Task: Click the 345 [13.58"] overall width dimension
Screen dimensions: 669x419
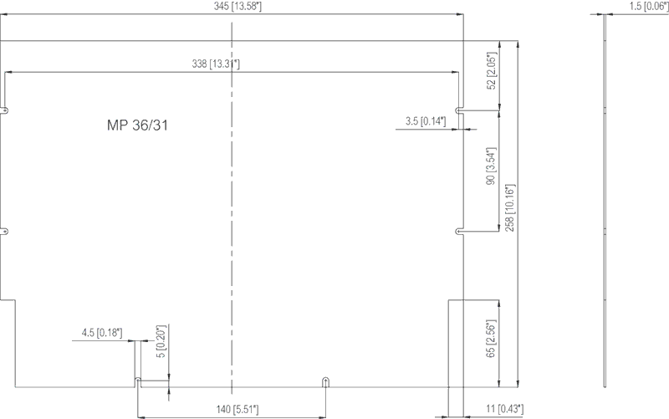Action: click(x=237, y=7)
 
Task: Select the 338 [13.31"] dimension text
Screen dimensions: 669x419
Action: click(x=216, y=64)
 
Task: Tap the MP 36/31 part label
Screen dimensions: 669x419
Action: click(x=137, y=125)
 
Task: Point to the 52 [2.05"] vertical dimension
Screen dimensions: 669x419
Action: click(x=492, y=71)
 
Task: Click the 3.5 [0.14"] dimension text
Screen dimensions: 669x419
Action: click(x=426, y=121)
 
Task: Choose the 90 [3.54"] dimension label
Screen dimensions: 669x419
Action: click(x=491, y=166)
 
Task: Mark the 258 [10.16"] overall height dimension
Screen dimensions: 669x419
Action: click(x=510, y=207)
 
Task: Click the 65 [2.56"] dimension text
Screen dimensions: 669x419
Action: click(x=491, y=339)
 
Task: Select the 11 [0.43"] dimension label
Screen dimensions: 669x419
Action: click(x=505, y=409)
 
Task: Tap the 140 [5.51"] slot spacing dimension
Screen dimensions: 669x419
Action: click(x=237, y=410)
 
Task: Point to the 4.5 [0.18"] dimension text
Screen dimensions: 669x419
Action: click(x=102, y=333)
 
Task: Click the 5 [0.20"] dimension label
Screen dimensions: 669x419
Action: click(x=161, y=341)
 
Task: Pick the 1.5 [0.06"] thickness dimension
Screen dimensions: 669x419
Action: click(x=649, y=7)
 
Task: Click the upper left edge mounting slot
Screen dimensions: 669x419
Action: click(x=5, y=110)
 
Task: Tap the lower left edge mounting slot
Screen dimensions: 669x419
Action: click(x=5, y=232)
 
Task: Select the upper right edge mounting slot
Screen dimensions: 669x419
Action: click(x=459, y=110)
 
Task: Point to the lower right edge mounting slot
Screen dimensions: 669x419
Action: click(x=459, y=232)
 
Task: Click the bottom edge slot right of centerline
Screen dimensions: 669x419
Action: click(x=325, y=382)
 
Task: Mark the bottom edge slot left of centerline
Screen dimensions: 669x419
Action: click(x=138, y=382)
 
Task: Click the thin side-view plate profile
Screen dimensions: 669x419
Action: click(x=605, y=201)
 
